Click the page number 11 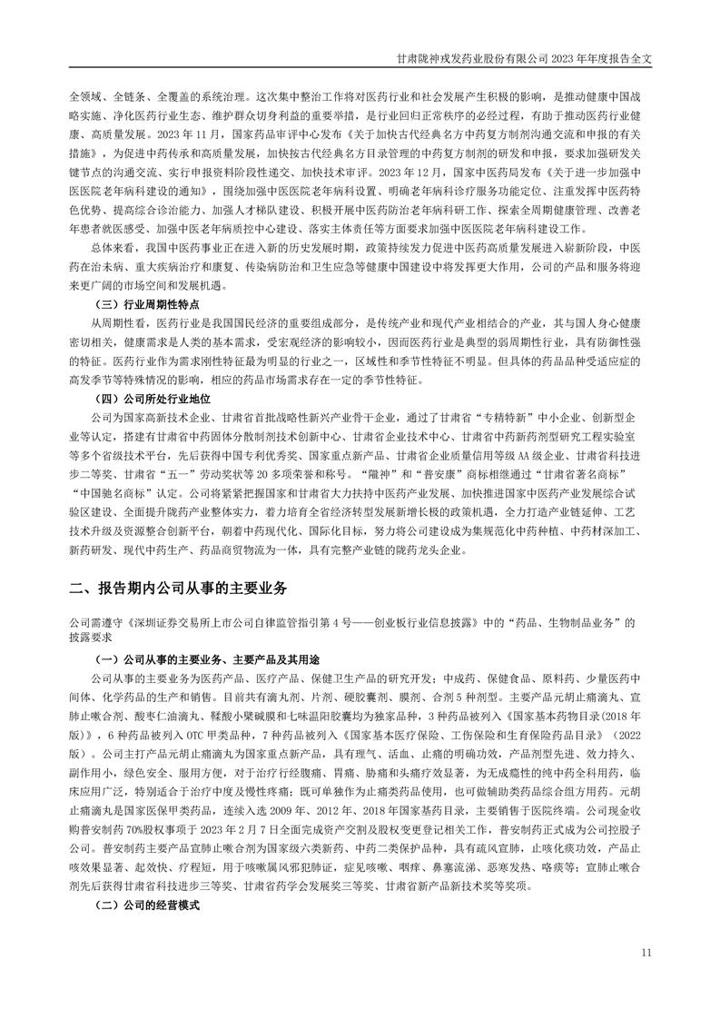(x=646, y=952)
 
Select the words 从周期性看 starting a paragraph (x=115, y=322)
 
